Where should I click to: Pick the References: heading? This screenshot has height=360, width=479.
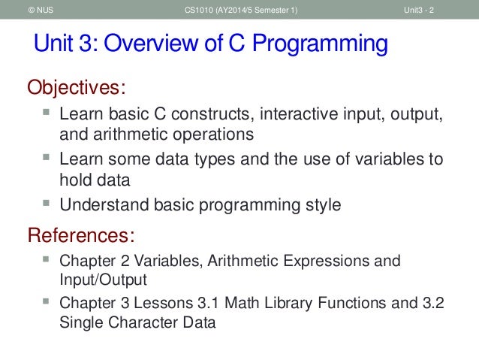click(81, 235)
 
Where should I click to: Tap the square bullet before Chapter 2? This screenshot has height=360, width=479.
click(47, 260)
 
